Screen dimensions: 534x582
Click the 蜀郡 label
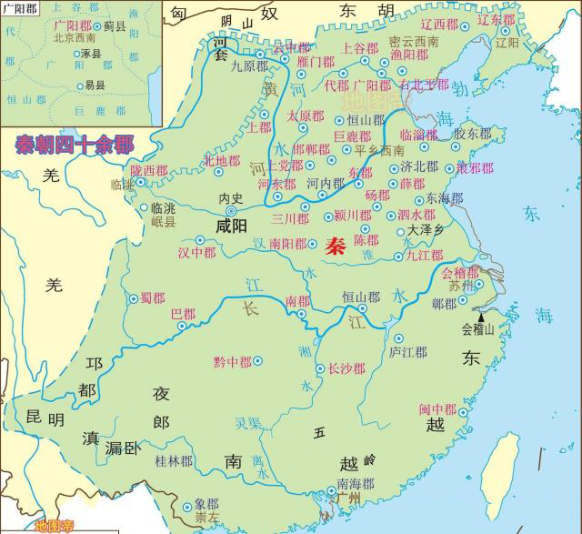point(153,297)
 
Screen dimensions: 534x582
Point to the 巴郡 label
point(183,314)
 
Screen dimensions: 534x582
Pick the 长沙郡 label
point(346,368)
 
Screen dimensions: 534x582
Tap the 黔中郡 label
point(232,361)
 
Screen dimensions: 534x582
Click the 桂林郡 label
point(175,461)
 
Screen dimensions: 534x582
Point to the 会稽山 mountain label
point(478,328)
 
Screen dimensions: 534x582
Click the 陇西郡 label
point(149,170)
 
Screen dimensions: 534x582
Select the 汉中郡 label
point(197,251)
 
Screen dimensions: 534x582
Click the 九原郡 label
point(249,65)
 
